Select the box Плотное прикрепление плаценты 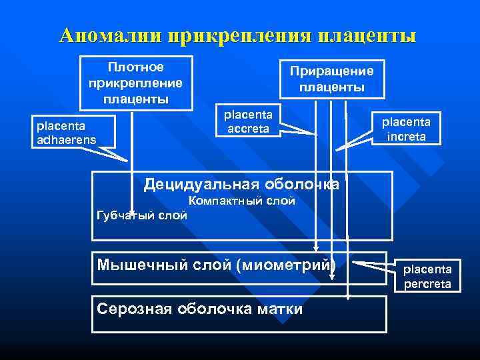(136, 83)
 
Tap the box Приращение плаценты (331, 79)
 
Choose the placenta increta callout (405, 129)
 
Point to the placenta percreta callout (427, 276)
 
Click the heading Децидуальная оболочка (241, 184)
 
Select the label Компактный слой (241, 201)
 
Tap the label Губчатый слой (142, 215)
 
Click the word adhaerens (66, 139)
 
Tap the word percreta (427, 284)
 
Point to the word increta (405, 137)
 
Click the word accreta (248, 129)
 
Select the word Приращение (331, 71)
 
